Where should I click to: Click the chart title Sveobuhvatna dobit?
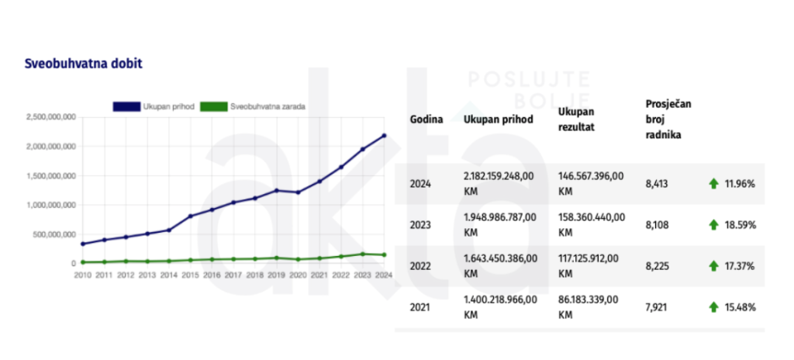click(x=83, y=64)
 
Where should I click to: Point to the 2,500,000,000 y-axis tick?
click(x=50, y=116)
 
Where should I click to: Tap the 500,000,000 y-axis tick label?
click(x=54, y=234)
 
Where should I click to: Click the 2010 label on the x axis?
click(x=83, y=275)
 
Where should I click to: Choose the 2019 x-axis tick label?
click(x=275, y=275)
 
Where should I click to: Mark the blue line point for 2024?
click(x=383, y=136)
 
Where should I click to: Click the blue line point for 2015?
click(x=190, y=216)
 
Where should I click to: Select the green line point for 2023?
click(x=362, y=254)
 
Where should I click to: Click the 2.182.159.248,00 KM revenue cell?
click(x=498, y=183)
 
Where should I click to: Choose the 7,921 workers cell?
click(x=656, y=307)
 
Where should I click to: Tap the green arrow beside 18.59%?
click(x=713, y=225)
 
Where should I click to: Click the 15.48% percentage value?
click(x=740, y=307)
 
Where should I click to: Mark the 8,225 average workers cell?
click(x=656, y=266)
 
